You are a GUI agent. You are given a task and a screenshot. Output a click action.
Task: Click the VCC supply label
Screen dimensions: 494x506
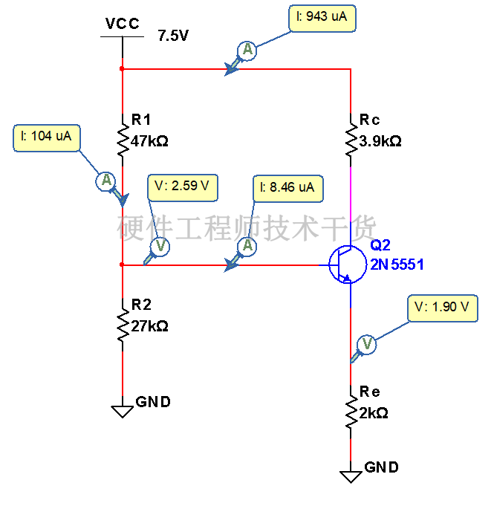123,24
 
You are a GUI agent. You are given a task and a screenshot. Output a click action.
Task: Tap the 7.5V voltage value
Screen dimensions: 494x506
173,36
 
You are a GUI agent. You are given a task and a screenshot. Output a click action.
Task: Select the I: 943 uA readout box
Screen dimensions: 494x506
322,18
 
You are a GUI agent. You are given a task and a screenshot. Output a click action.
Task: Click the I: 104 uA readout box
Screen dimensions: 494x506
47,137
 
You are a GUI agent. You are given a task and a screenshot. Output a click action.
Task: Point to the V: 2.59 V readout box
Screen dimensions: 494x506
183,188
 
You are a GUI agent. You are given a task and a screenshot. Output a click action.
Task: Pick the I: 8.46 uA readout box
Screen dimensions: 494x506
287,189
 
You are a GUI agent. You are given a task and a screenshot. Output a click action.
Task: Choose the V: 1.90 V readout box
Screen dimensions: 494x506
443,308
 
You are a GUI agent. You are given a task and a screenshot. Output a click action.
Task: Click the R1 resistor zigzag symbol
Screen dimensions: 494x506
123,140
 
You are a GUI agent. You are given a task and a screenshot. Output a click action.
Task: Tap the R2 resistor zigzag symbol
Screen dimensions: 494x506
123,325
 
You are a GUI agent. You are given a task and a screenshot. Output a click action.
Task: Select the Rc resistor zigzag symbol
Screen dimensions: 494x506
351,140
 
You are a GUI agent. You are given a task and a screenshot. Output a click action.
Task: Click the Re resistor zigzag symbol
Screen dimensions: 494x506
351,412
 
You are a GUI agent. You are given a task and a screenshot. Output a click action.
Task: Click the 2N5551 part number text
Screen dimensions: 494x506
397,265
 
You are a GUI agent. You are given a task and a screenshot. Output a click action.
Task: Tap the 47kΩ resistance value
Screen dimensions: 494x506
149,141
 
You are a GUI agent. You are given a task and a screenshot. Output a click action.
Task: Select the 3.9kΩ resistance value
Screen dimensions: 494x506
380,141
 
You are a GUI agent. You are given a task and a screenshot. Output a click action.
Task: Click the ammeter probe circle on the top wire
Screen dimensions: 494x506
247,51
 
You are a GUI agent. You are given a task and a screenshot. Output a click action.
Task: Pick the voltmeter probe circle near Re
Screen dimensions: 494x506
367,344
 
